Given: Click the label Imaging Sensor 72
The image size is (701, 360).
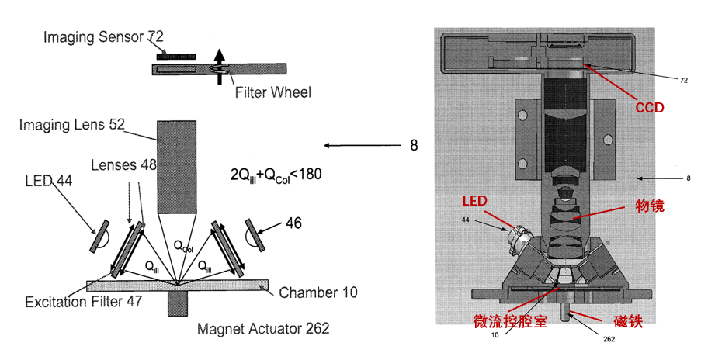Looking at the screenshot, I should click(103, 36).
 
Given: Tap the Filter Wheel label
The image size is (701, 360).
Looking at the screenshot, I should click(273, 93).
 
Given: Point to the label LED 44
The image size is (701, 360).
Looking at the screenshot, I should click(48, 181).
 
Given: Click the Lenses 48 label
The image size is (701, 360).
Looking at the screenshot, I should click(124, 165).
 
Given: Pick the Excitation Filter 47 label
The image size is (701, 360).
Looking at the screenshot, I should click(83, 301).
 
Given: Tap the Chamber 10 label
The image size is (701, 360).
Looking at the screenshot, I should click(318, 292).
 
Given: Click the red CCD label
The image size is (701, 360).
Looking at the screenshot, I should click(650, 108).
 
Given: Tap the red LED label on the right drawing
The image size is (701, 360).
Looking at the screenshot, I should click(474, 201).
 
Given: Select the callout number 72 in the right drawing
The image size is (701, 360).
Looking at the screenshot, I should click(684, 80).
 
